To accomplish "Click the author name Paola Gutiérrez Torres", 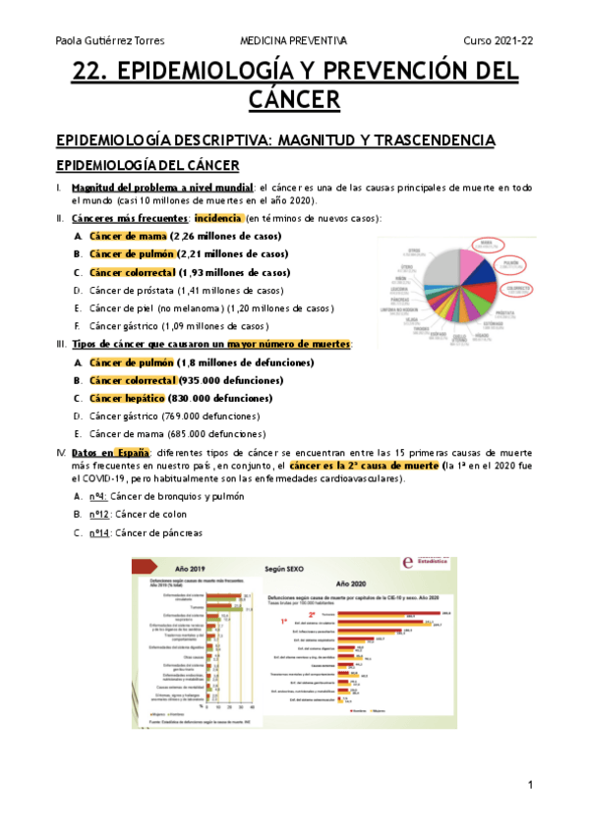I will point(109,40).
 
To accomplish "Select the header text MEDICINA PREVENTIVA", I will point(294,40).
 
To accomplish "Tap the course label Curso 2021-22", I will point(499,40).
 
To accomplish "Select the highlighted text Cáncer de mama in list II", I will point(127,237).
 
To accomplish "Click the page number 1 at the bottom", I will point(529,785).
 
